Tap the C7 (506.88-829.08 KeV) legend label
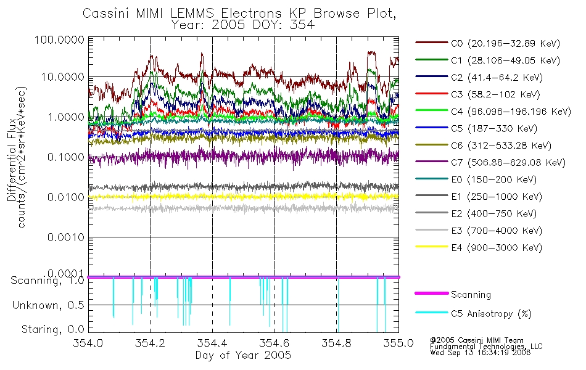tap(508, 162)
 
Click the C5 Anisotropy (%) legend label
tap(491, 313)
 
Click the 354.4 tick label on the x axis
tap(212, 343)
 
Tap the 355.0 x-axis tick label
tap(398, 343)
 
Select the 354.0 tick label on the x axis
tap(88, 343)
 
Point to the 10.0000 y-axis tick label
tap(63, 77)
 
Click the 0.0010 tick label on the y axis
tap(66, 237)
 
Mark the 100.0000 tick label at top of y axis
tap(60, 39)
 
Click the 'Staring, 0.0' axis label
tap(52, 329)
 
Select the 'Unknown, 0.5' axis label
tap(48, 305)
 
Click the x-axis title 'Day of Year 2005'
tap(243, 355)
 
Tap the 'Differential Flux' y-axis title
tap(12, 160)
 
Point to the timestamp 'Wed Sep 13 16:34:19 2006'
tap(481, 353)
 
